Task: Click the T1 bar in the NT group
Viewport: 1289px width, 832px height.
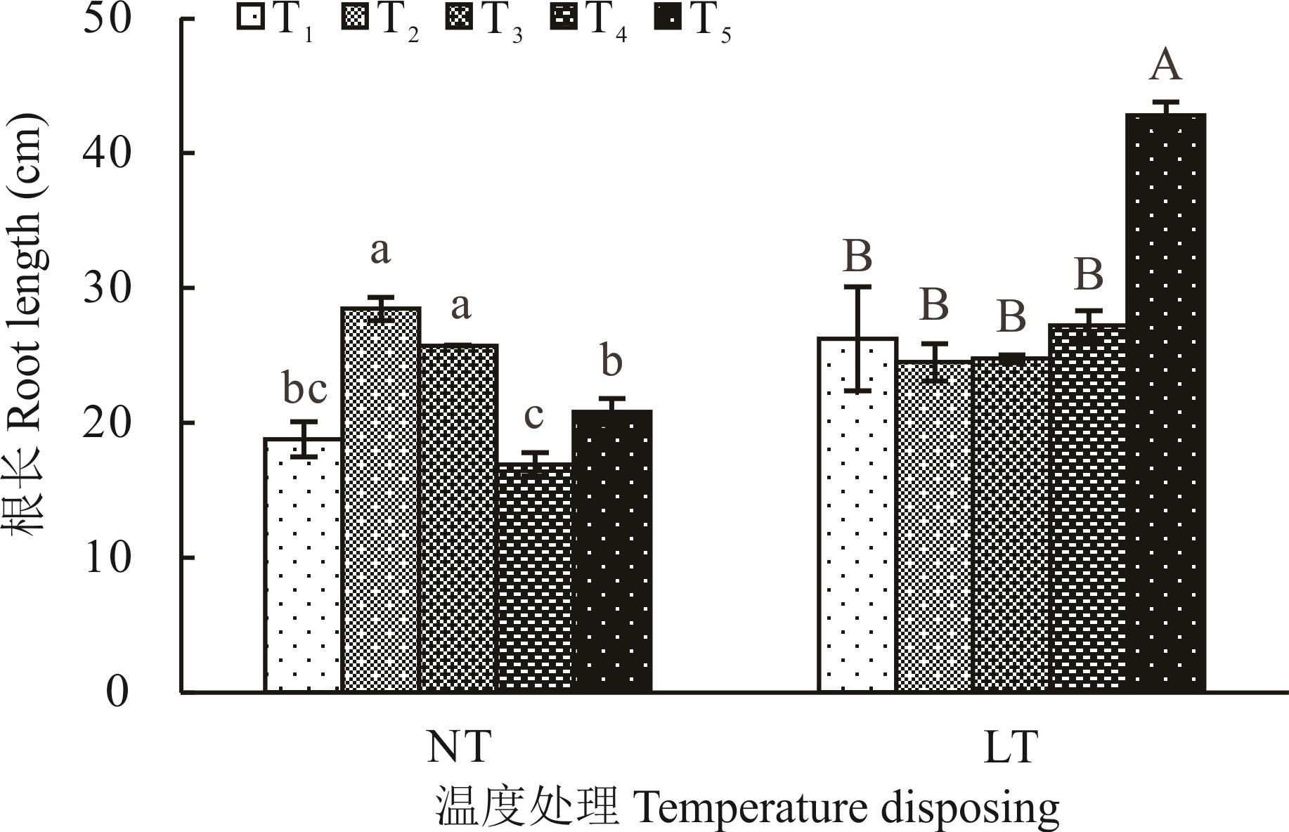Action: pyautogui.click(x=303, y=566)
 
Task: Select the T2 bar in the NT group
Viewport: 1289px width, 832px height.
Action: pyautogui.click(x=380, y=500)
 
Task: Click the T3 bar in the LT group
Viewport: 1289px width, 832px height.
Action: pyautogui.click(x=1011, y=524)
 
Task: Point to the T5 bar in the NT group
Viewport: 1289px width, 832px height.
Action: pyautogui.click(x=612, y=551)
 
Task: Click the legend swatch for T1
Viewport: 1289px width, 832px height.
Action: pyautogui.click(x=250, y=18)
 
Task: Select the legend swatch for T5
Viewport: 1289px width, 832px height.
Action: pyautogui.click(x=667, y=18)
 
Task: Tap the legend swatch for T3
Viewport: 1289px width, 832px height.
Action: pyautogui.click(x=458, y=18)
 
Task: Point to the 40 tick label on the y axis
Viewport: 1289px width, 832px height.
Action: pyautogui.click(x=107, y=153)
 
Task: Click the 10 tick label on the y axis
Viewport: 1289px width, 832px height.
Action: pyautogui.click(x=107, y=558)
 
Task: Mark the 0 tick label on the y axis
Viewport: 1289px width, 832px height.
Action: pyautogui.click(x=117, y=692)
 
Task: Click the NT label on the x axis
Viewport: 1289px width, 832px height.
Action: pyautogui.click(x=458, y=748)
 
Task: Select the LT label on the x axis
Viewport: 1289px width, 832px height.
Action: pyautogui.click(x=1010, y=748)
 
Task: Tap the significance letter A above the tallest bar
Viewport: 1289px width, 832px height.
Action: pyautogui.click(x=1165, y=65)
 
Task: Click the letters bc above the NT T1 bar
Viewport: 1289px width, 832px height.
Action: pyautogui.click(x=304, y=389)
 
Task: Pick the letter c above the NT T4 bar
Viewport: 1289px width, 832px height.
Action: pyautogui.click(x=533, y=415)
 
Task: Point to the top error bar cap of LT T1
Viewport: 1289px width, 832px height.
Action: pyautogui.click(x=857, y=287)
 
